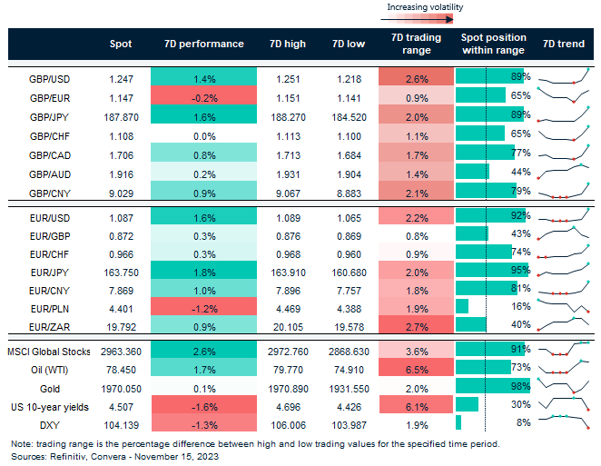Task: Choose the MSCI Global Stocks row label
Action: click(x=49, y=350)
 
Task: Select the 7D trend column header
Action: click(x=563, y=44)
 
